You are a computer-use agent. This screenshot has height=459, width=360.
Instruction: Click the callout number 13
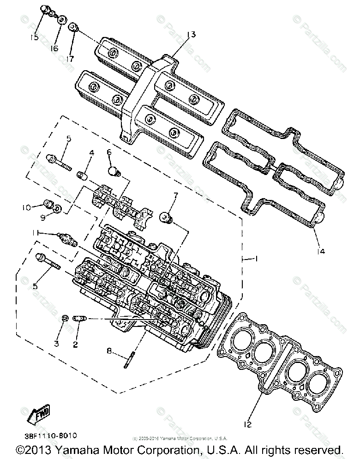coord(192,35)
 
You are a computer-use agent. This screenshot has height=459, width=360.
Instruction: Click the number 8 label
coord(109,351)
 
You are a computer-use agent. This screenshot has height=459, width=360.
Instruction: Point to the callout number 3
coord(57,344)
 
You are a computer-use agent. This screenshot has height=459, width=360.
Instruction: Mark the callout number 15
coord(35,37)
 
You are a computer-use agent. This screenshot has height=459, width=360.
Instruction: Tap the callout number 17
coord(70,59)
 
